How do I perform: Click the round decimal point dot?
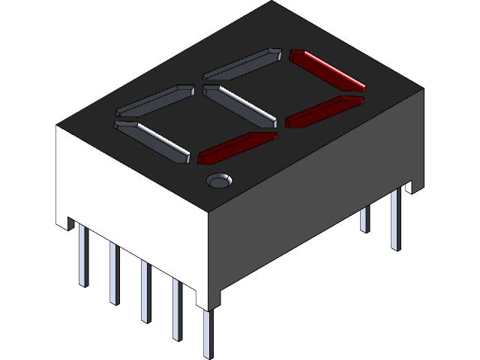[x=219, y=180]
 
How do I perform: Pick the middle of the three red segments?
[x=325, y=110]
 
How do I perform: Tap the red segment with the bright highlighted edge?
[x=326, y=67]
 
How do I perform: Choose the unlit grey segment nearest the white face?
[x=152, y=140]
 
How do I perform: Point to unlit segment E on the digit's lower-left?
[x=152, y=140]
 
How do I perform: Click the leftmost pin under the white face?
[x=83, y=255]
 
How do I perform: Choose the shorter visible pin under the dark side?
[x=364, y=218]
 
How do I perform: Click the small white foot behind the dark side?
[x=409, y=186]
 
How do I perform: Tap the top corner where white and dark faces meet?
[x=208, y=211]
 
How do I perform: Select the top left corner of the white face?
[x=56, y=126]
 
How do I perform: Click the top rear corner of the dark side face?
[x=424, y=89]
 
